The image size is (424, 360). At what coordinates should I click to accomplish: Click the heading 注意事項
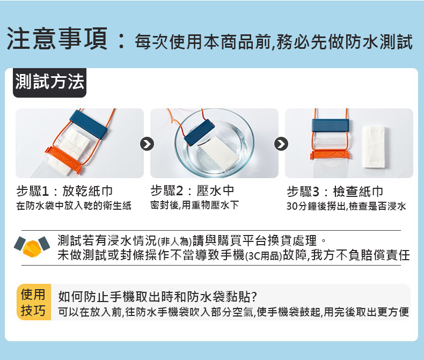click(57, 39)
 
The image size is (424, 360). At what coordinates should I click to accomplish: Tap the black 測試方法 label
click(49, 83)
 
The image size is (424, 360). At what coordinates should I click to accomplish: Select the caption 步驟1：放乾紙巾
click(64, 192)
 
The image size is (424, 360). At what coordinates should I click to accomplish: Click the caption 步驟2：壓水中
click(192, 191)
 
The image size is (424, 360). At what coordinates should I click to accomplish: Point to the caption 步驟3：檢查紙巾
click(335, 192)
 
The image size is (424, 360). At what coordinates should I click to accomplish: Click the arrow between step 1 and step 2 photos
click(147, 144)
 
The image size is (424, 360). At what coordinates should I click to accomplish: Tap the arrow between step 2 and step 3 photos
click(281, 144)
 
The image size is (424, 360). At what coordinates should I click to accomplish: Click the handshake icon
click(32, 247)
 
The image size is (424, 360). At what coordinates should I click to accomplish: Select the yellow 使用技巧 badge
click(33, 302)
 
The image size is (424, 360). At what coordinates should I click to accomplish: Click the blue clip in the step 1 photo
click(89, 124)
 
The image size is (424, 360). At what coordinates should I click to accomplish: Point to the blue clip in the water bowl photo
click(199, 131)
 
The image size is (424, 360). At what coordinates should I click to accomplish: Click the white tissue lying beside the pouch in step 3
click(374, 146)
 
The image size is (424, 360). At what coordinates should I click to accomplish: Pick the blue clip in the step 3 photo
click(330, 126)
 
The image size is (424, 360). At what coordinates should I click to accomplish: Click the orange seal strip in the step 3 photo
click(330, 155)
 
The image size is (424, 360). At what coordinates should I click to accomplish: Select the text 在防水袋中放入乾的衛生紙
click(74, 205)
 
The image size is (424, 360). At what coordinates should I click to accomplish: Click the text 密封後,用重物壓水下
click(195, 205)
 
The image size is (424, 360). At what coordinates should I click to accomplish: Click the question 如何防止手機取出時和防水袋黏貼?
click(157, 297)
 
